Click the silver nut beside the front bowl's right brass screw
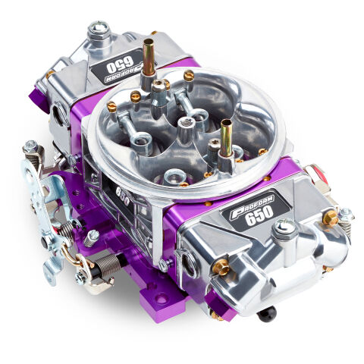[x=345, y=215]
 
